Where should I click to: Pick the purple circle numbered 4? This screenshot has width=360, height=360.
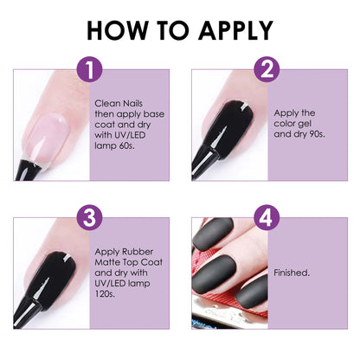268,218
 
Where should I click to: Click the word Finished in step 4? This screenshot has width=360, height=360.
292,272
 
